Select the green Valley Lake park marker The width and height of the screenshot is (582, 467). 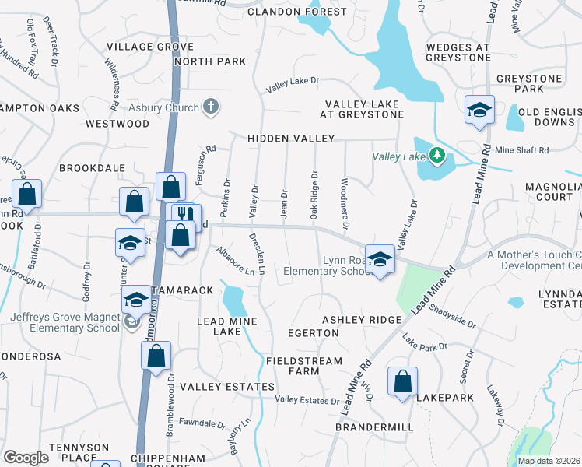(437, 156)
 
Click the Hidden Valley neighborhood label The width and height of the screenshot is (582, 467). (291, 139)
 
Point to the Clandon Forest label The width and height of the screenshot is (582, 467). (297, 12)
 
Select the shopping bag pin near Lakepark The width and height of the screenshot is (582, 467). (402, 382)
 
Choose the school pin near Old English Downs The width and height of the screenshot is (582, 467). (480, 111)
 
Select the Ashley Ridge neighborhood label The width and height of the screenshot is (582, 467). (362, 320)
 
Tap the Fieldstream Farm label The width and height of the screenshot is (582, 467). (303, 366)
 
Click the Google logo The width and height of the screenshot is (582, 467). (26, 458)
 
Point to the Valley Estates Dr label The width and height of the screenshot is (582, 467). (307, 400)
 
